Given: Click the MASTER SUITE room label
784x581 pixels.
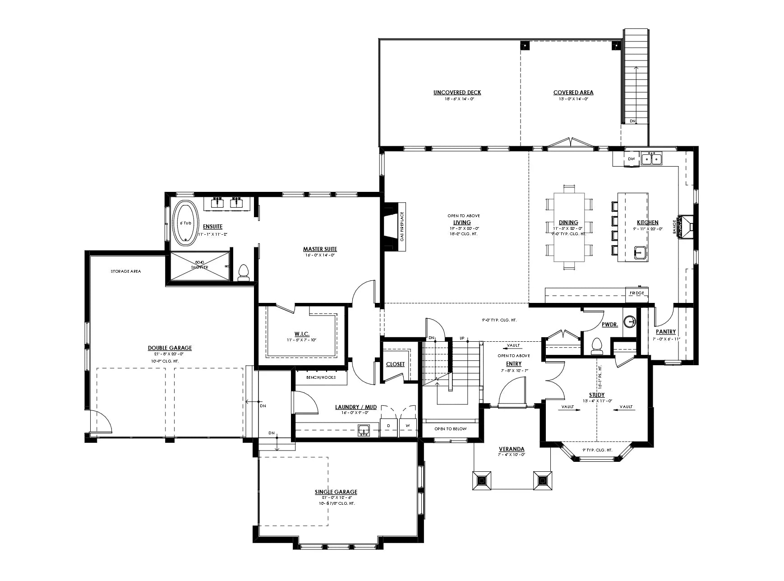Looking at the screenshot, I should coord(320,249).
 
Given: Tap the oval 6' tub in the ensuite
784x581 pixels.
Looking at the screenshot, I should coord(185,223).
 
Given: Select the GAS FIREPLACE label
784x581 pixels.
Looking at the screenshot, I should coord(402,227).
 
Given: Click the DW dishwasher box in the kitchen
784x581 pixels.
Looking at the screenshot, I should coord(632,159).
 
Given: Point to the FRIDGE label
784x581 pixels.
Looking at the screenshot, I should coord(637,293).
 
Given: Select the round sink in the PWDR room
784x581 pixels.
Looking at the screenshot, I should coord(630,321).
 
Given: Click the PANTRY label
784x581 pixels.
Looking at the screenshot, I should coord(666,332).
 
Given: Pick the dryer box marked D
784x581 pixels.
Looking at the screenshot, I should coord(388,426).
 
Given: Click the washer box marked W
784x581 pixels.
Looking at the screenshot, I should coord(408,426).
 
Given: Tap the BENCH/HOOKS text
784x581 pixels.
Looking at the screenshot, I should coord(321,377).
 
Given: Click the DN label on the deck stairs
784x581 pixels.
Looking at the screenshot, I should coord(632,121).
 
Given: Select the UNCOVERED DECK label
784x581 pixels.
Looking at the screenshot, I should coord(457,93).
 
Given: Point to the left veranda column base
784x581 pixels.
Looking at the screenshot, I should coord(482,480).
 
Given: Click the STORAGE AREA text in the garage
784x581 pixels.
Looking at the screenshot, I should coord(126,271).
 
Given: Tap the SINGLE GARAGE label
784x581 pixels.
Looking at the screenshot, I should coord(336,492).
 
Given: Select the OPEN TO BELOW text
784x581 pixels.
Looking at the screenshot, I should coord(450,429).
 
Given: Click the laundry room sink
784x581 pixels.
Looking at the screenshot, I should coord(364,430).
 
